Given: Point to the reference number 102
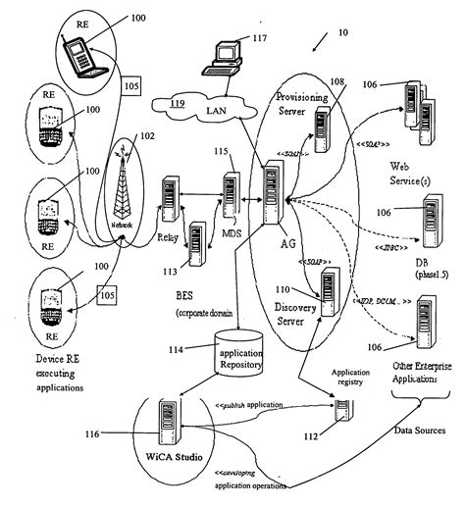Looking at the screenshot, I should (x=147, y=138).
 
